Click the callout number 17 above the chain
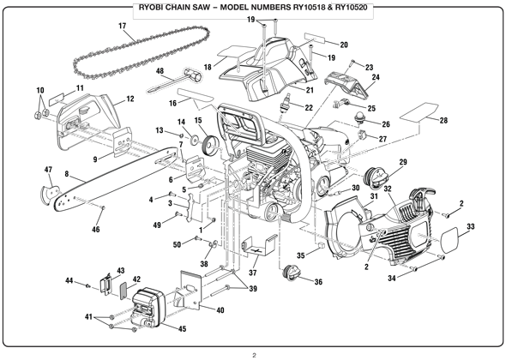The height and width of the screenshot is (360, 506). coord(123,27)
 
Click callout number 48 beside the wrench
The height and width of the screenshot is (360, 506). coord(160,72)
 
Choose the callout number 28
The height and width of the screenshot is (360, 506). coord(443,121)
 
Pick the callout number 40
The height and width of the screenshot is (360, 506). coord(220,310)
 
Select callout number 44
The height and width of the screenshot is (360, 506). coord(69,280)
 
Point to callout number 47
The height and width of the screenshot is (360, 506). coord(48,171)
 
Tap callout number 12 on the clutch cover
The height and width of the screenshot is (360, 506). coord(130,99)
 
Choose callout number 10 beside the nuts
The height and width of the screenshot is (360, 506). coord(39,90)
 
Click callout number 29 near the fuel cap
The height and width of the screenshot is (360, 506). coord(403,163)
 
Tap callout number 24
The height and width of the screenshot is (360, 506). coord(375,78)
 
